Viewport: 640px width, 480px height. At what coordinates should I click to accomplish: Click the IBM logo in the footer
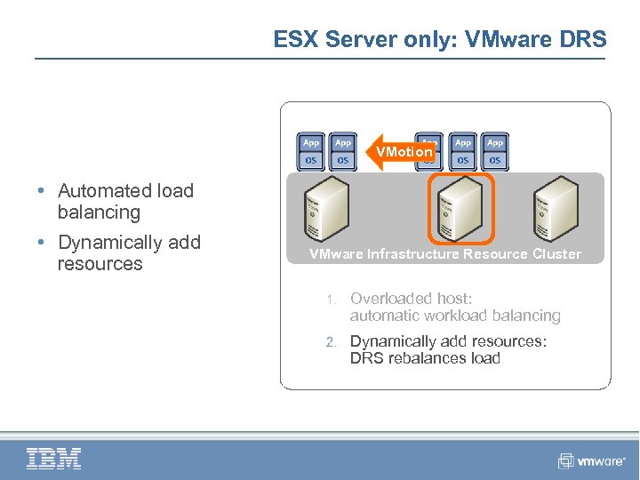54,459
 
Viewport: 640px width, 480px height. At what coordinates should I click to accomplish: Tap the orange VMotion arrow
402,152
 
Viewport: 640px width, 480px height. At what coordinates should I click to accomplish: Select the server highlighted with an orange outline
460,207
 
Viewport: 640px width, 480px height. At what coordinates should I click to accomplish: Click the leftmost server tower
325,207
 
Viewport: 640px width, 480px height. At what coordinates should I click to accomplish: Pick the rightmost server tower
556,207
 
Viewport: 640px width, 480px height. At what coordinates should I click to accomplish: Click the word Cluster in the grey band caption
556,254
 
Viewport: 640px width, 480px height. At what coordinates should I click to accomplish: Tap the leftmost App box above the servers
311,142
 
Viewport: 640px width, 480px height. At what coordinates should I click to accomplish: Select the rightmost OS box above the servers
495,160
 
